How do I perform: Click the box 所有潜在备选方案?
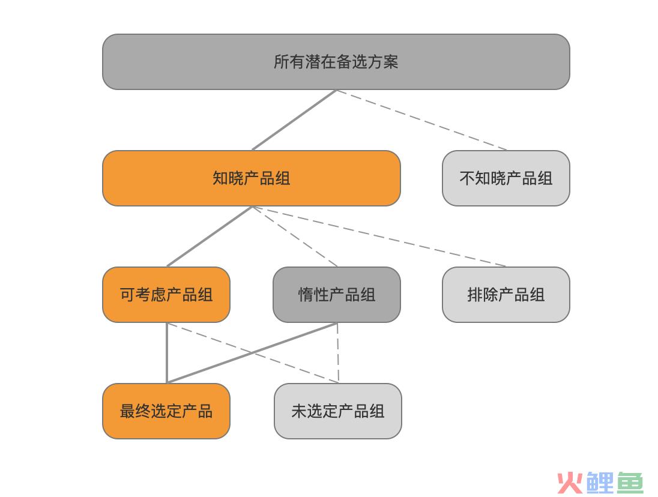pos(336,62)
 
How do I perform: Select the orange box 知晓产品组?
pos(252,178)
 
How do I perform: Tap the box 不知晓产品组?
pos(506,178)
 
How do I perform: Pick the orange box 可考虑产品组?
pos(166,295)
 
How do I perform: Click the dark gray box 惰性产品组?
pos(337,295)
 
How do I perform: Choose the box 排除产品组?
pos(506,295)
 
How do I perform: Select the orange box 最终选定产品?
pos(166,411)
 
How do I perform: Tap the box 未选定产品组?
pos(338,411)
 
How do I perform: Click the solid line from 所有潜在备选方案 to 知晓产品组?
pos(294,120)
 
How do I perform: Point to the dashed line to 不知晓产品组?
pos(421,120)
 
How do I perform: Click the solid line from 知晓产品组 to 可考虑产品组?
pos(210,236)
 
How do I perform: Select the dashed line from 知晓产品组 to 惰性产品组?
pos(295,236)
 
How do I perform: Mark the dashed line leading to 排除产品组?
pos(379,236)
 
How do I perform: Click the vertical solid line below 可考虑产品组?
pos(167,353)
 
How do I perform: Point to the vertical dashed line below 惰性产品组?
pos(338,353)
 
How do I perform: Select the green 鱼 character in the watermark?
pos(629,483)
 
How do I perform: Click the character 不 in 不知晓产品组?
pos(467,178)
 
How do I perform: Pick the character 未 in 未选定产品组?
pos(299,411)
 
